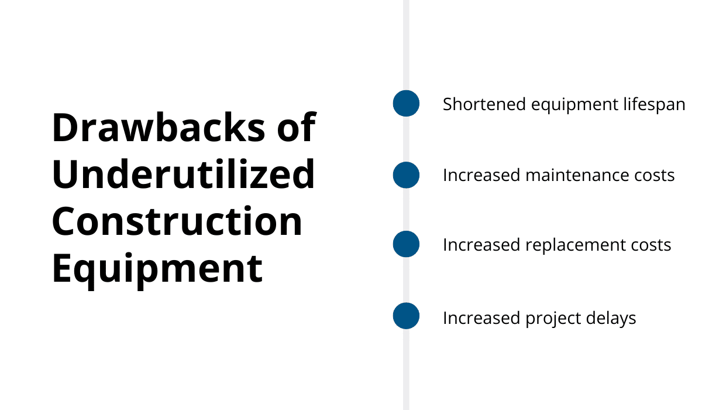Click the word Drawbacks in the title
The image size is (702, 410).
pos(159,128)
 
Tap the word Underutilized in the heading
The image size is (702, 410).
pos(183,174)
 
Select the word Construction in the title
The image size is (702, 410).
pos(177,221)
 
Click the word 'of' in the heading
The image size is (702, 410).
pos(297,127)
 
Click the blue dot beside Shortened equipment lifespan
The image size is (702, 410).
pos(406,103)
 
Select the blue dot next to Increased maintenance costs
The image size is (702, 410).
pos(406,175)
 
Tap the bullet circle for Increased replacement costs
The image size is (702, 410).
pos(406,244)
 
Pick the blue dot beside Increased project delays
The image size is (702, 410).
pos(406,316)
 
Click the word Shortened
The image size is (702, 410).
pos(484,104)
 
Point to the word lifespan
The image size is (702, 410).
pos(654,105)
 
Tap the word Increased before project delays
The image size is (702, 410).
pos(481,318)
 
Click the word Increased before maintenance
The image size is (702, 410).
pos(481,175)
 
